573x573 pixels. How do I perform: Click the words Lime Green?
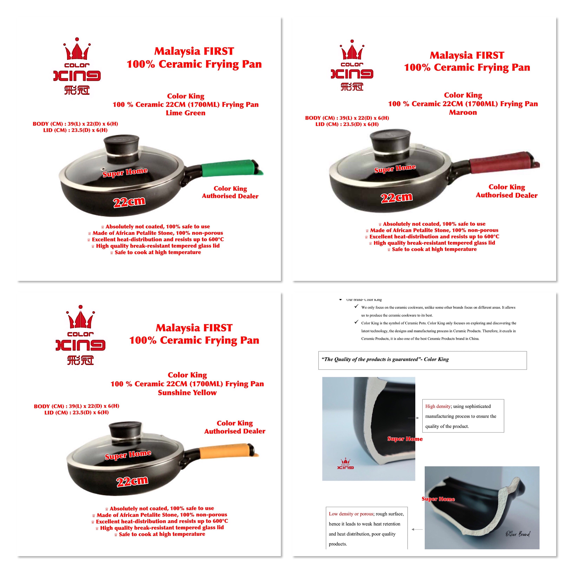pyautogui.click(x=186, y=113)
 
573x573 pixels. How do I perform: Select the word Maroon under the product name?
pyautogui.click(x=463, y=112)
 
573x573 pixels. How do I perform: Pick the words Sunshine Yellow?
pyautogui.click(x=187, y=393)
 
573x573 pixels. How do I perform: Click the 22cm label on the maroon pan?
pyautogui.click(x=397, y=197)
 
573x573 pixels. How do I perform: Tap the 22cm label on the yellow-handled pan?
pyautogui.click(x=132, y=481)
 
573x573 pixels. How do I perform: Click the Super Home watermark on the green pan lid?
pyautogui.click(x=125, y=172)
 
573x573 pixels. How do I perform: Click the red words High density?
pyautogui.click(x=438, y=406)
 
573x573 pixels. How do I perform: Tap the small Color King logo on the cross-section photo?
pyautogui.click(x=345, y=464)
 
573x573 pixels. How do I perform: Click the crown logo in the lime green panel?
pyautogui.click(x=77, y=66)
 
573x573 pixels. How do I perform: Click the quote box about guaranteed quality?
pyautogui.click(x=423, y=360)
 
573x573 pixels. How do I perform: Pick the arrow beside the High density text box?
pyautogui.click(x=413, y=418)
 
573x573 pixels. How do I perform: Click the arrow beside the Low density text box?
pyautogui.click(x=417, y=529)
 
